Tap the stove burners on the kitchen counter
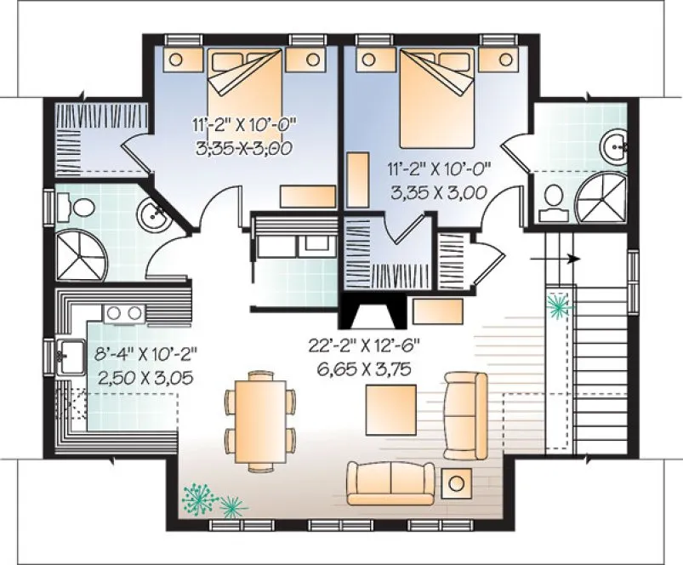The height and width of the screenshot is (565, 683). pyautogui.click(x=124, y=313)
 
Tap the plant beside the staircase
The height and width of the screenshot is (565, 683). pyautogui.click(x=559, y=305)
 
